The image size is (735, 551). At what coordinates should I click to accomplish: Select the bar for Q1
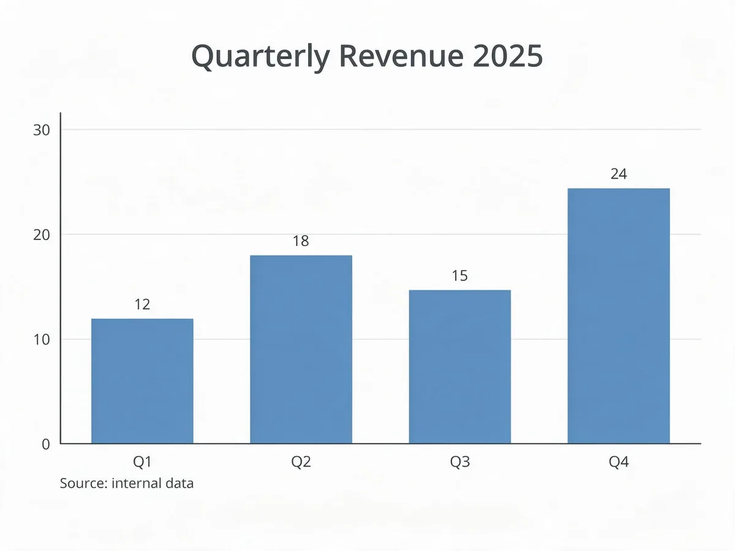(x=142, y=381)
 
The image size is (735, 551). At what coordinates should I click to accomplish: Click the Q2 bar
(x=301, y=349)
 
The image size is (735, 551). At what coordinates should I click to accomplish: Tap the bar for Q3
(x=460, y=367)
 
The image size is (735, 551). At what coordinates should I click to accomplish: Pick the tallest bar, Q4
(x=619, y=316)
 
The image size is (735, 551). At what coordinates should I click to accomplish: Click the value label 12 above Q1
(x=142, y=304)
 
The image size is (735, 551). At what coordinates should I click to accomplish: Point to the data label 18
(x=301, y=241)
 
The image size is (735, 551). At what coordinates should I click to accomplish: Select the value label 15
(x=460, y=275)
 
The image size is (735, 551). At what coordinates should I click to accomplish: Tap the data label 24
(x=619, y=174)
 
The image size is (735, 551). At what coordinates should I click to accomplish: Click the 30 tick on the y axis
(x=42, y=130)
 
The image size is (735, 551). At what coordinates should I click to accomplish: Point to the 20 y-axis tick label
(x=42, y=235)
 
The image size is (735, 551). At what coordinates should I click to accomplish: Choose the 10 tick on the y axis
(x=42, y=340)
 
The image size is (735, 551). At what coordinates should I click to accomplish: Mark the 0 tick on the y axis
(x=46, y=444)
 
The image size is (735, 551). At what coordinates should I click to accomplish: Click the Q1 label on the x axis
(x=142, y=462)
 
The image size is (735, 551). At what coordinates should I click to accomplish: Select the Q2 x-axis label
(x=301, y=462)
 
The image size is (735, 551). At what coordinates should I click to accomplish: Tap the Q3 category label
(x=460, y=462)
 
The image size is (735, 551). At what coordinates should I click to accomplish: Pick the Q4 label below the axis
(x=619, y=462)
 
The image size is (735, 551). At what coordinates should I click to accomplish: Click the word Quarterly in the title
(x=261, y=57)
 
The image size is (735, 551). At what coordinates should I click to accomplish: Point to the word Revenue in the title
(x=401, y=56)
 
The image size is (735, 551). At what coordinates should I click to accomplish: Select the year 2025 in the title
(x=508, y=56)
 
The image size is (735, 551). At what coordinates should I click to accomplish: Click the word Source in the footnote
(x=84, y=484)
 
